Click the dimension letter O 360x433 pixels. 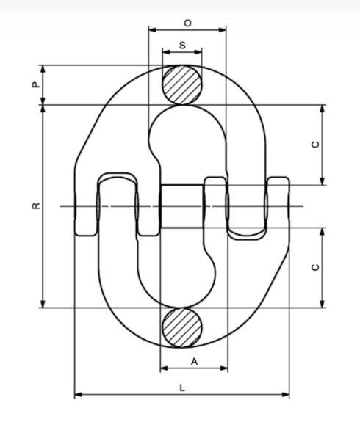187,23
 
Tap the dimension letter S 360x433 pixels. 181,46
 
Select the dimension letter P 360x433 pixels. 35,85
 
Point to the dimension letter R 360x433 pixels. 35,206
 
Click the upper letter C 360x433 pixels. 315,145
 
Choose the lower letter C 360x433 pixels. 315,268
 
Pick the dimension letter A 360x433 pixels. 194,361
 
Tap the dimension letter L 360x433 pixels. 181,387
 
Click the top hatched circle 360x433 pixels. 182,86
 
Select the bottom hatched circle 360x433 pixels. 182,327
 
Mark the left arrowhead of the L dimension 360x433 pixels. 78,395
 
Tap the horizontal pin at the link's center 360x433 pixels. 181,205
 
